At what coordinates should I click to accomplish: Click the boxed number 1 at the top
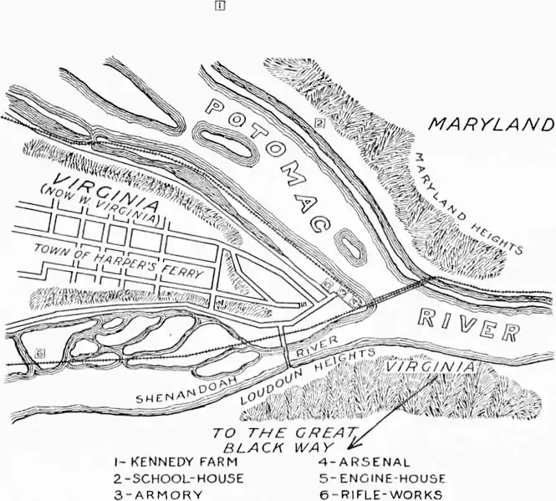tap(217, 6)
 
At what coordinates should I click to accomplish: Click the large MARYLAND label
tap(492, 125)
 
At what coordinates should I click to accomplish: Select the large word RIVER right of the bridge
tap(467, 326)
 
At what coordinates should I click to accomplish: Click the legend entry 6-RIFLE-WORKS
tap(382, 493)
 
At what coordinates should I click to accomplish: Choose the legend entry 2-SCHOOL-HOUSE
tap(179, 478)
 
